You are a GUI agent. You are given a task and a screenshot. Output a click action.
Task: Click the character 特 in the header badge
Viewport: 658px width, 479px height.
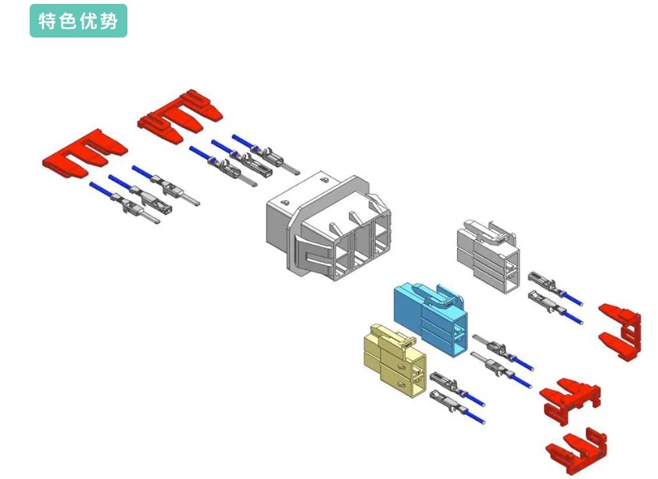point(48,21)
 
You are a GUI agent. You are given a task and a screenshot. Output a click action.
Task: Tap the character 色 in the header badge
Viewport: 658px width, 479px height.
point(68,21)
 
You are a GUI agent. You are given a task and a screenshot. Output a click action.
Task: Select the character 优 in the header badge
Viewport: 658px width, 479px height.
point(88,21)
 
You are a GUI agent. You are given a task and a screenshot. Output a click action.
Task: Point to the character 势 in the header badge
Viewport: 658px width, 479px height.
point(109,21)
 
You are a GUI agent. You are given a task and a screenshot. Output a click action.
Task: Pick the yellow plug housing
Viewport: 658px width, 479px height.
point(395,360)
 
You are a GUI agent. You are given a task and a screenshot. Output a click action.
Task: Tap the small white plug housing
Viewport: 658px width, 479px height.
point(489,254)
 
